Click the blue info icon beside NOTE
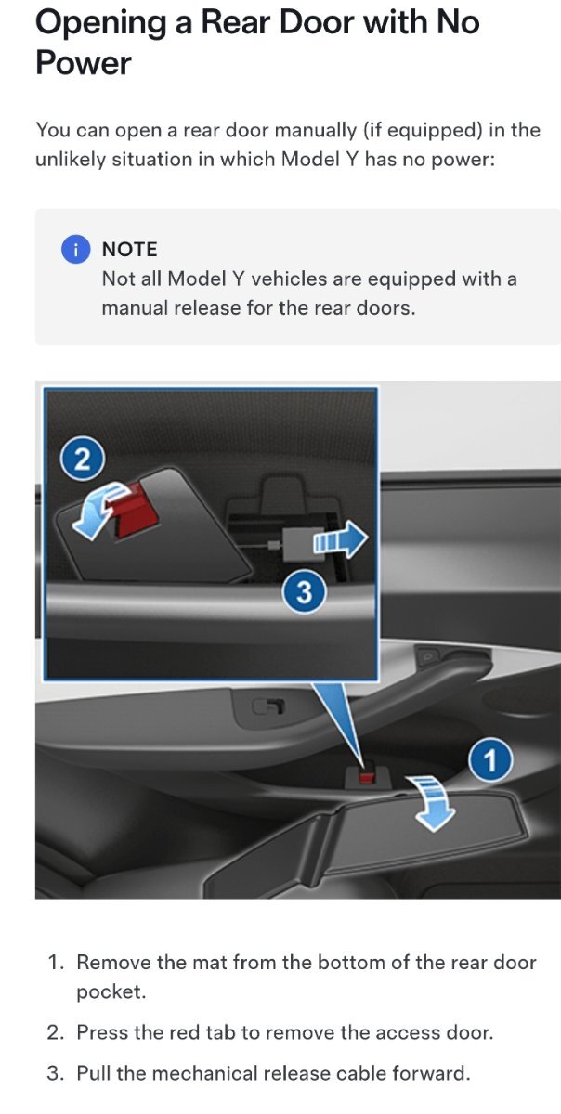coord(75,249)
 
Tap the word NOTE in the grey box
coord(129,249)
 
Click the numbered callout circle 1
coord(490,760)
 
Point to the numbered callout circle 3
coord(304,592)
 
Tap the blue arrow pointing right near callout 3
coord(341,538)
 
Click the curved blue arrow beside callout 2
coord(98,512)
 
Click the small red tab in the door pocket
coord(368,777)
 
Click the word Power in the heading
coord(84,63)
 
